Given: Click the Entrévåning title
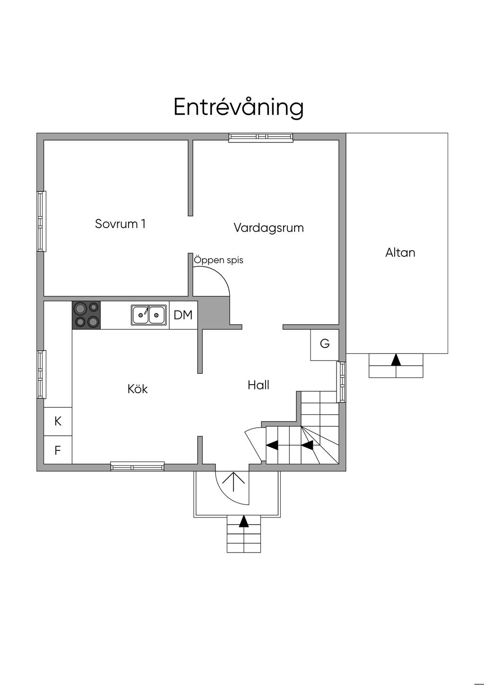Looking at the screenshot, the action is click(x=238, y=108).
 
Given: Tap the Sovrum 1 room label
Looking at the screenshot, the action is click(x=120, y=224).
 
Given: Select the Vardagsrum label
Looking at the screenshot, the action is click(x=268, y=228).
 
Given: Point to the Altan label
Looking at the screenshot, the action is click(x=400, y=252).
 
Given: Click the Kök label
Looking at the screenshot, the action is click(x=138, y=389).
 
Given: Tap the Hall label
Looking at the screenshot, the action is click(x=259, y=385).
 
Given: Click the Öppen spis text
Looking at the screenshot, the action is click(x=219, y=260).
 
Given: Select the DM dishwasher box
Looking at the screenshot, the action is click(x=183, y=315).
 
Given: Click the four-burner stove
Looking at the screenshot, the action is click(x=86, y=315).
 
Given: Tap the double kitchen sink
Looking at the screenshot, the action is click(x=149, y=315).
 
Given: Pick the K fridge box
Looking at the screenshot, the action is click(x=58, y=422).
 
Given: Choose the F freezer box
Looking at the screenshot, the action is click(x=58, y=450).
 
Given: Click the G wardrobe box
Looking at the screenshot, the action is click(x=325, y=344).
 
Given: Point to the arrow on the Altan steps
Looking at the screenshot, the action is click(x=396, y=360).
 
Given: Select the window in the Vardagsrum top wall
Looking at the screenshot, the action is click(x=261, y=138).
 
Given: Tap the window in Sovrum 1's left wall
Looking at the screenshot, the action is click(x=41, y=221).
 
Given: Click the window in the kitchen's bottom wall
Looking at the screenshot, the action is click(x=138, y=466).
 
